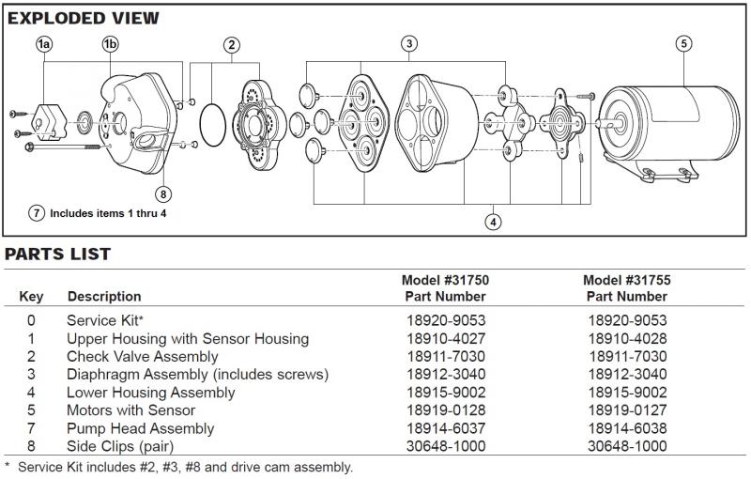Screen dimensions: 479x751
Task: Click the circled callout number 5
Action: click(683, 43)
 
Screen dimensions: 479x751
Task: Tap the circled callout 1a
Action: click(43, 44)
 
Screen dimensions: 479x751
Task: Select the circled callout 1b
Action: click(110, 44)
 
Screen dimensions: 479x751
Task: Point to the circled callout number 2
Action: click(232, 44)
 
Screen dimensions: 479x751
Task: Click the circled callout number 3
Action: click(409, 43)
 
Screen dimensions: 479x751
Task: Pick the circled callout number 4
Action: click(492, 222)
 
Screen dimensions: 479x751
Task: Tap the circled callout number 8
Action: click(164, 194)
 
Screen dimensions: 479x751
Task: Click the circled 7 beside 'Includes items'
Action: click(38, 213)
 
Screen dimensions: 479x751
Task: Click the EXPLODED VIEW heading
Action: click(84, 18)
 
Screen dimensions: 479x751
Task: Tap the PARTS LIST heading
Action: click(58, 254)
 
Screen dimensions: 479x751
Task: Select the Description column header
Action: click(104, 297)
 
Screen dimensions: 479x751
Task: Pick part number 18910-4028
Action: click(627, 338)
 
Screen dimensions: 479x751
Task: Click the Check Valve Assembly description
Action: click(143, 356)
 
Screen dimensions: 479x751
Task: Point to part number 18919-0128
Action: click(446, 410)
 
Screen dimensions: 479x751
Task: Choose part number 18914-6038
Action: click(627, 428)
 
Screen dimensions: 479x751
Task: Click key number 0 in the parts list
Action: click(31, 320)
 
